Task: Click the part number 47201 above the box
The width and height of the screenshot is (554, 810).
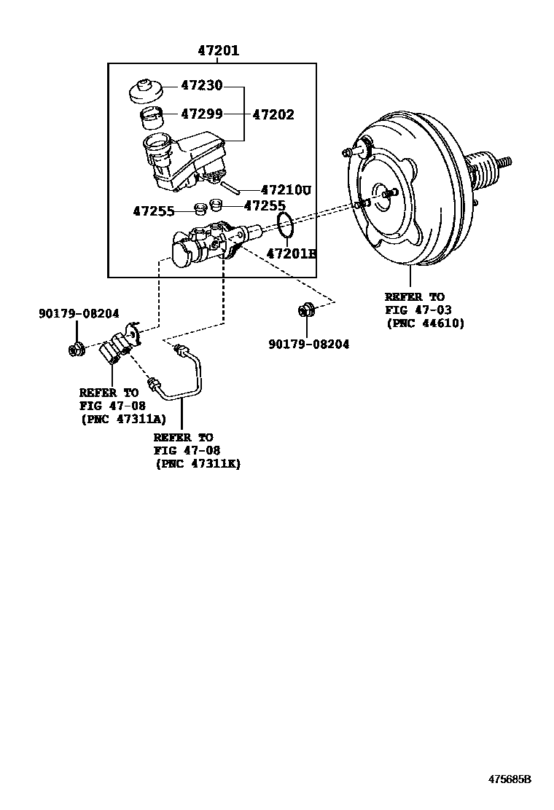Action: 218,51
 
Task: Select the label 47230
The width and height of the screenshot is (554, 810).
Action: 201,86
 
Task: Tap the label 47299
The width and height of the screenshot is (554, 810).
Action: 201,114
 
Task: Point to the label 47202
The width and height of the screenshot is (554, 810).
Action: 273,114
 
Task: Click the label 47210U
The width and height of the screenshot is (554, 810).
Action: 286,190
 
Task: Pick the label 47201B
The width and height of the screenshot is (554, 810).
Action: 291,253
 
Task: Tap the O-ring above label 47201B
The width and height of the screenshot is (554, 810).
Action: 286,225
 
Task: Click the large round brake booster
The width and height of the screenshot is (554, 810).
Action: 408,200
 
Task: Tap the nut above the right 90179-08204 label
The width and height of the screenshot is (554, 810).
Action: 305,311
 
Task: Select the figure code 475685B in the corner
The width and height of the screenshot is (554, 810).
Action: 510,779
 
